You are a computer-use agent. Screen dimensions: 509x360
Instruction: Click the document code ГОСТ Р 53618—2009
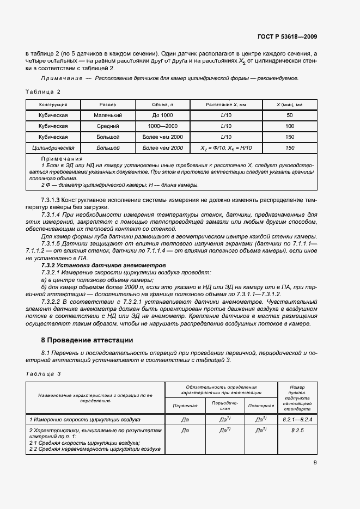[x=287, y=37]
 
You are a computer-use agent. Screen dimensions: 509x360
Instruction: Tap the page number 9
[x=315, y=463]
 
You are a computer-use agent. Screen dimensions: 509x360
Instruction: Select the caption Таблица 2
[x=43, y=91]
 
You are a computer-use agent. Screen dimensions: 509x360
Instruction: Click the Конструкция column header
[x=53, y=105]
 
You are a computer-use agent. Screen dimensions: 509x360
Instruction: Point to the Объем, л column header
[x=162, y=105]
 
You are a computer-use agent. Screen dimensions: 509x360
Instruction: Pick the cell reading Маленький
[x=108, y=115]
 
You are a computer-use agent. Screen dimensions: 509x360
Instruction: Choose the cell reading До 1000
[x=162, y=115]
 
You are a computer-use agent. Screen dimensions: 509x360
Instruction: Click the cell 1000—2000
[x=162, y=126]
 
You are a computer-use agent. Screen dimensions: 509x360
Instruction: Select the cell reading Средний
[x=108, y=126]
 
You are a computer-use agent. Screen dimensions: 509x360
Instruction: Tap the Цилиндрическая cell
[x=53, y=148]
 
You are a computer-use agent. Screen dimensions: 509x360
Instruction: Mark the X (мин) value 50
[x=289, y=115]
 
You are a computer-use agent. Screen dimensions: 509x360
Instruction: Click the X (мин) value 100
[x=289, y=126]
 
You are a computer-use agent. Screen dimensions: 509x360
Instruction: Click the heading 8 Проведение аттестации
[x=87, y=340]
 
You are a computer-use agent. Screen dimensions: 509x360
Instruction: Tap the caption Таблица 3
[x=43, y=373]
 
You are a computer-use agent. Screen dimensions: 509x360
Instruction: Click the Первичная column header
[x=185, y=406]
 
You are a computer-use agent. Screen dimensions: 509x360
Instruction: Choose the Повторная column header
[x=261, y=406]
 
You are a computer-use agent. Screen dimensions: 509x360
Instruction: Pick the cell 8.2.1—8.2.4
[x=297, y=420]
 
